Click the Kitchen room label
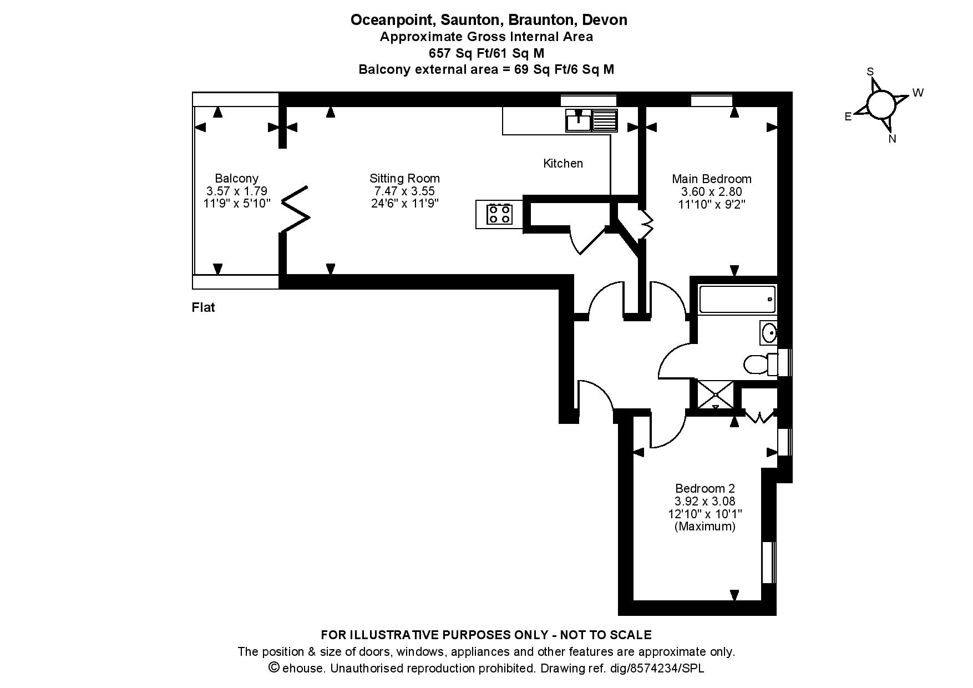[x=563, y=163]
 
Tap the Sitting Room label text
[x=404, y=178]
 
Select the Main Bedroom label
[x=712, y=179]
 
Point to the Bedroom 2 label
[x=705, y=488]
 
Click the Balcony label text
[x=237, y=178]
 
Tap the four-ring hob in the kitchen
[x=499, y=214]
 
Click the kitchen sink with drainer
[x=591, y=120]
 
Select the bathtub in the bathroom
[x=737, y=299]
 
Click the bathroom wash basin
[x=769, y=333]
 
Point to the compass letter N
[x=892, y=139]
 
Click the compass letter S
[x=870, y=72]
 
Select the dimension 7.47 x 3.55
[x=404, y=191]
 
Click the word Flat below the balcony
[x=203, y=307]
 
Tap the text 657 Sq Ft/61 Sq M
[x=486, y=53]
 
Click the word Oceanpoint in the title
[x=394, y=20]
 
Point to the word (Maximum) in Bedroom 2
[x=705, y=526]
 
